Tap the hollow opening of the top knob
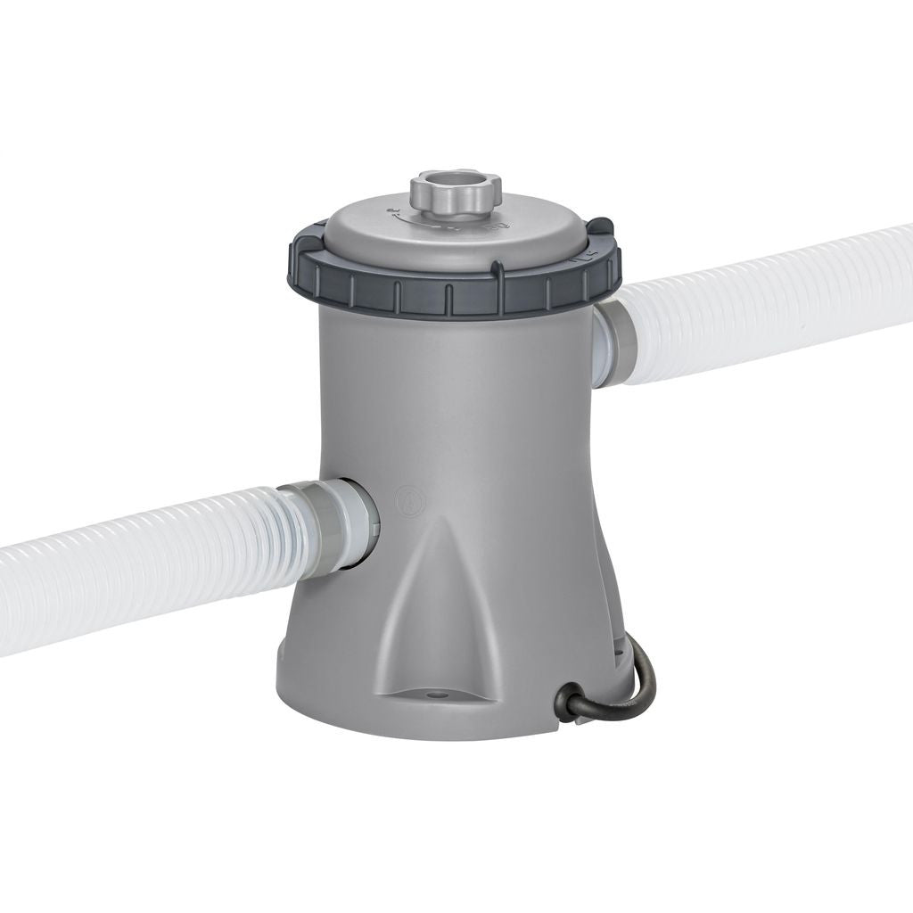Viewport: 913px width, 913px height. [x=455, y=182]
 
